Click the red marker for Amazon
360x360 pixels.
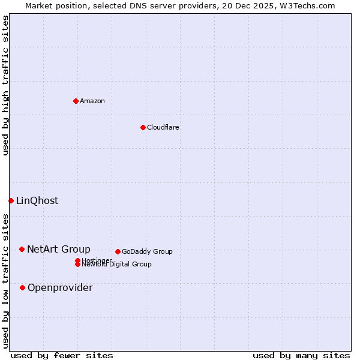(x=76, y=101)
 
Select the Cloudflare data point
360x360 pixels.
(x=143, y=127)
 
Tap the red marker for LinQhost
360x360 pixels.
(x=11, y=200)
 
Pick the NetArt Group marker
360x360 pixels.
(x=22, y=249)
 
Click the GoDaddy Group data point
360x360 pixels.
(x=118, y=251)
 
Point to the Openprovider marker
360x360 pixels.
(x=22, y=287)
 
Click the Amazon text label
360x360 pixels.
(x=92, y=101)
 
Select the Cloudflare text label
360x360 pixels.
(x=163, y=127)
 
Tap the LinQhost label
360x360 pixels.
(x=37, y=200)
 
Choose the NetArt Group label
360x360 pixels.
(x=59, y=249)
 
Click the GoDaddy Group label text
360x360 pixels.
(x=147, y=251)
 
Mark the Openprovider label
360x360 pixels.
(x=60, y=287)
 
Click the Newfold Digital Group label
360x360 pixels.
(x=117, y=265)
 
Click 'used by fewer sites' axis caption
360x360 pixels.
(x=62, y=355)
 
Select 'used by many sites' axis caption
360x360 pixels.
(x=301, y=355)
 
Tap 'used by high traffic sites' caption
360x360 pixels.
(x=5, y=85)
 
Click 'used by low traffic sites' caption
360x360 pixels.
(x=5, y=281)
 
